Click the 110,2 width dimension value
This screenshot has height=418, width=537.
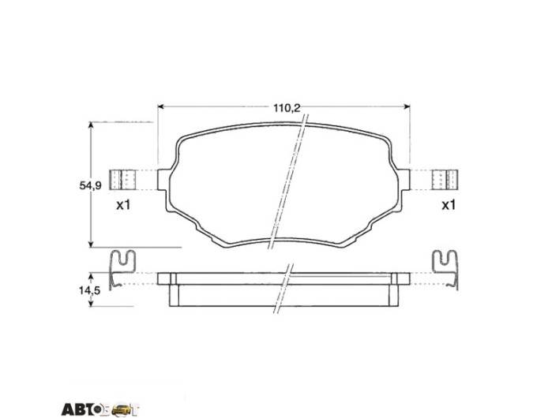[x=287, y=108]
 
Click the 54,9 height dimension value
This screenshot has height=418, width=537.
[x=90, y=186]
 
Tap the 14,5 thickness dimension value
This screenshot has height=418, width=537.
[x=89, y=291]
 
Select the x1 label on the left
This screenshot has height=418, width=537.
[x=123, y=205]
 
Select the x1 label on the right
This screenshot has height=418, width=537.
[x=449, y=205]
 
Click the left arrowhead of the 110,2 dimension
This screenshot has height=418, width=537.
[x=160, y=106]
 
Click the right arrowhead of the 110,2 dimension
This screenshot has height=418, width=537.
[x=407, y=106]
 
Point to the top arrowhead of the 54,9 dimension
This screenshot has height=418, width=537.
[x=91, y=125]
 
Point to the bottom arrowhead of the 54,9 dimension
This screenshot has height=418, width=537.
[x=91, y=244]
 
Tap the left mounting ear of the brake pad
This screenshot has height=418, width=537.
[x=163, y=180]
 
